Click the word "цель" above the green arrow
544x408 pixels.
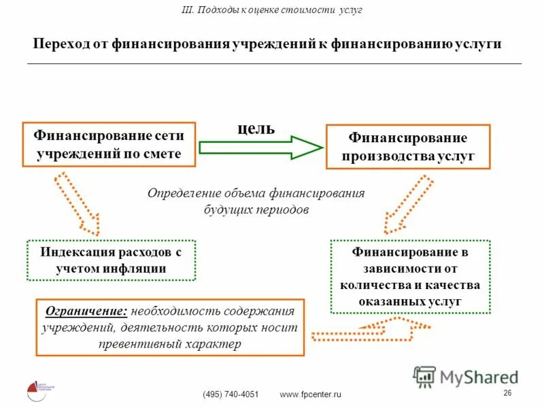pyautogui.click(x=256, y=129)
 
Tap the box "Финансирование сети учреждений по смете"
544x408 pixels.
pyautogui.click(x=109, y=144)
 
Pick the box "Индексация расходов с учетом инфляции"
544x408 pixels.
pyautogui.click(x=111, y=260)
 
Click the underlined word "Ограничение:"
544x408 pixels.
pyautogui.click(x=86, y=311)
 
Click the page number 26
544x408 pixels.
pyautogui.click(x=507, y=394)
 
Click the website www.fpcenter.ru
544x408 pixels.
pyautogui.click(x=311, y=394)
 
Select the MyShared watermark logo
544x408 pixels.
pyautogui.click(x=466, y=377)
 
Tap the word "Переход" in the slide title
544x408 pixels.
pyautogui.click(x=61, y=44)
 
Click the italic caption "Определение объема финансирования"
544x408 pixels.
pyautogui.click(x=256, y=193)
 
